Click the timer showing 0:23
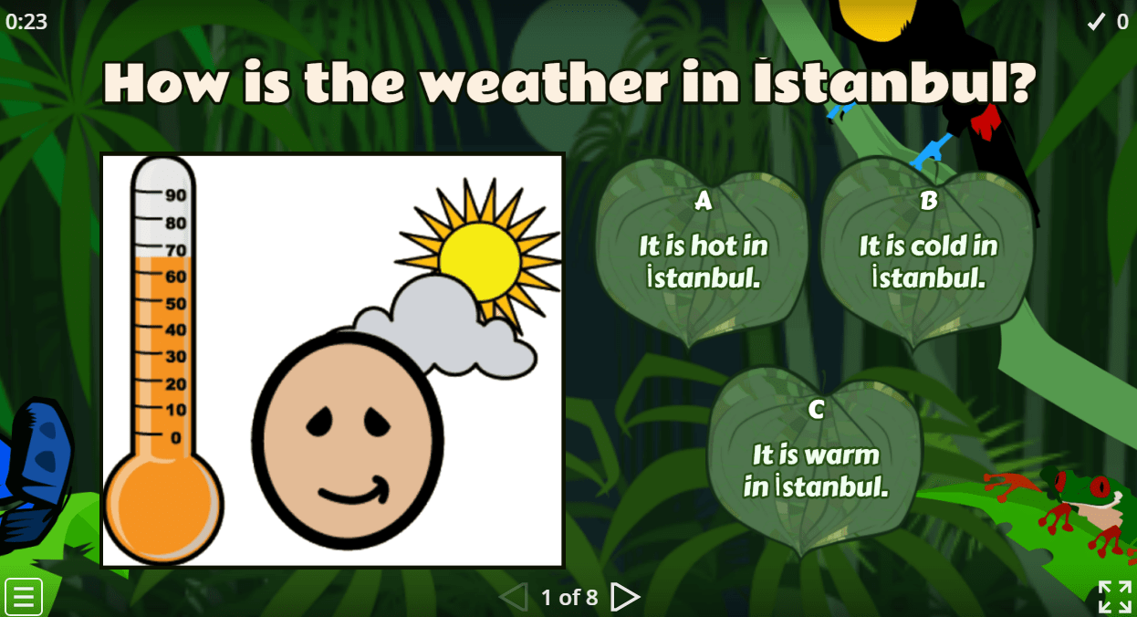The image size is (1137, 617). coord(26,21)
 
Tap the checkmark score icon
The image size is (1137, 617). coord(1096,22)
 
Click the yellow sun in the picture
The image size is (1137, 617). coord(478,261)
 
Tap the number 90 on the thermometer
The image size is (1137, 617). coord(175,194)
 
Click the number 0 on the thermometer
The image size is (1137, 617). coord(176,437)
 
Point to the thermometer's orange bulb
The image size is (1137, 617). coord(162,506)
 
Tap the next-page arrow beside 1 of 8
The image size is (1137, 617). coord(625,597)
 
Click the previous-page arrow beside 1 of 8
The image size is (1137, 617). coord(514,597)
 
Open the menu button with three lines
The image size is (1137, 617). coord(24,597)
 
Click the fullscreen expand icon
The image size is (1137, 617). coord(1114,597)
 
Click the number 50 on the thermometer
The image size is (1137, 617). coord(174,303)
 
